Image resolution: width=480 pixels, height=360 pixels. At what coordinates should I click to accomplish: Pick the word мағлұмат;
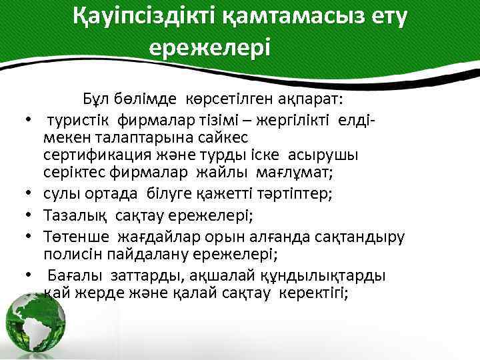297,172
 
